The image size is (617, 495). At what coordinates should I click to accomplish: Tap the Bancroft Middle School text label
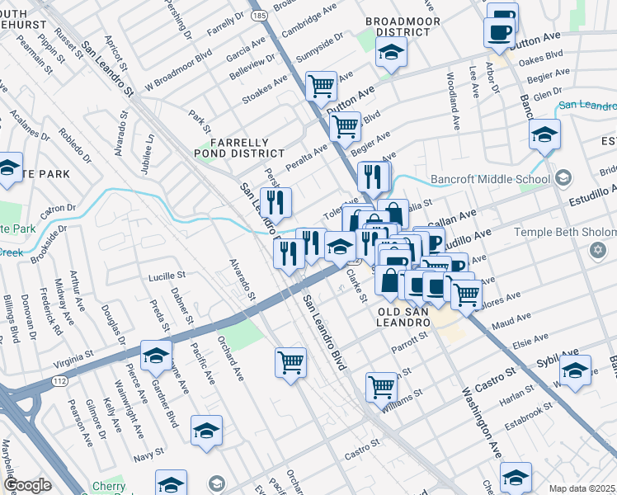coord(490,179)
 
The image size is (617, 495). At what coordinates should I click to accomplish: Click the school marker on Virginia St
coord(155,356)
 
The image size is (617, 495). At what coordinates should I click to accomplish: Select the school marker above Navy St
coord(206,431)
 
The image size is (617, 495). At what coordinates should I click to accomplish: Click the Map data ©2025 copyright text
coord(582,488)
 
